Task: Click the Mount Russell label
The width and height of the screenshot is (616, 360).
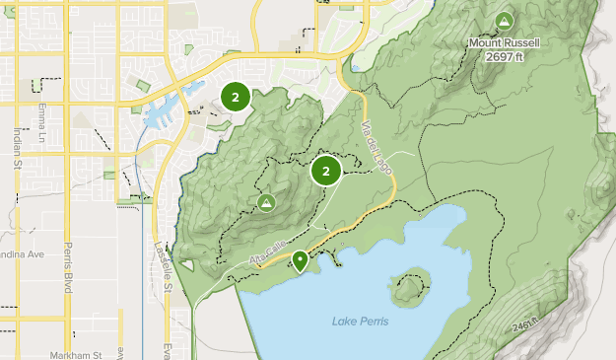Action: pyautogui.click(x=505, y=42)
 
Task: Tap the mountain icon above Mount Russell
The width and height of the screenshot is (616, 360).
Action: pyautogui.click(x=505, y=20)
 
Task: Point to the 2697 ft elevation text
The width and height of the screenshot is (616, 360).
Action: pyautogui.click(x=504, y=56)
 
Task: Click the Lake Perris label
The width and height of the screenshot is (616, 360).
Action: pyautogui.click(x=360, y=322)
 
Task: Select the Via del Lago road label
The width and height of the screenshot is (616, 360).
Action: pyautogui.click(x=376, y=149)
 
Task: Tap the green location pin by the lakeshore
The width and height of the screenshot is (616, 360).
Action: pyautogui.click(x=300, y=260)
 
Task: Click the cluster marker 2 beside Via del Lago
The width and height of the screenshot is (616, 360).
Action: pyautogui.click(x=326, y=172)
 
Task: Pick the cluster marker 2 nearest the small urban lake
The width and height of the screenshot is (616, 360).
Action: pyautogui.click(x=235, y=97)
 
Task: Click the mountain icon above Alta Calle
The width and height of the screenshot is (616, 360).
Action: pyautogui.click(x=265, y=202)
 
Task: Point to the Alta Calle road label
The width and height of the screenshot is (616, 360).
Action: pyautogui.click(x=266, y=254)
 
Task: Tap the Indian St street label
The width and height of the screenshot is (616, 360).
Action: pyautogui.click(x=18, y=149)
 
